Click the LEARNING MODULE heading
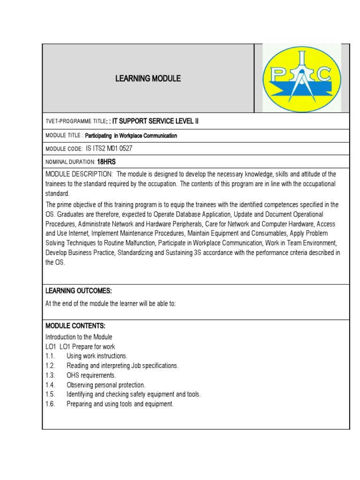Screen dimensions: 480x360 tap(148, 79)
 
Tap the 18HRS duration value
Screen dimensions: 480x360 tap(106, 162)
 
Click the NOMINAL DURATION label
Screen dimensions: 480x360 tap(70, 162)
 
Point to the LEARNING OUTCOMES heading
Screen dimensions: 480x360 tap(78, 291)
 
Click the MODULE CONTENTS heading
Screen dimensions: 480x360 tap(75, 325)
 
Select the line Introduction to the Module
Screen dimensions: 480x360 tap(79, 337)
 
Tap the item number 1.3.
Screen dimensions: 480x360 tap(51, 375)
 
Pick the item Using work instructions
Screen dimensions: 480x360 tap(97, 356)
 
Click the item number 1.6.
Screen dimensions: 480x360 tap(51, 404)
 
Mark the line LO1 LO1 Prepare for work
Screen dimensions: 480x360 tap(80, 346)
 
